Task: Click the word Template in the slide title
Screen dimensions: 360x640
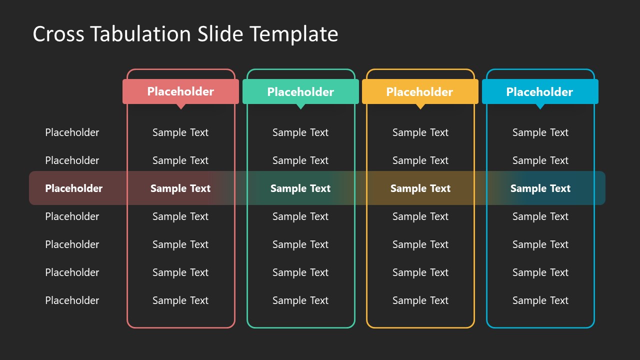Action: tap(294, 34)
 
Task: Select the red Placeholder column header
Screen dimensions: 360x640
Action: tap(180, 91)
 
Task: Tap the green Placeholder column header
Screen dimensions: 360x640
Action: tap(300, 92)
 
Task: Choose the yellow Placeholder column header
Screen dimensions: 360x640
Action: tap(419, 92)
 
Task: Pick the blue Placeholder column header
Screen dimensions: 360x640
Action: tap(539, 92)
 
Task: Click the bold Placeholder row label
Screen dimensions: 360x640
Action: tap(73, 188)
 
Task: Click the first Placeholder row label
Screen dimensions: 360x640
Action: tap(72, 132)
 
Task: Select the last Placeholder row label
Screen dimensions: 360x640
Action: tap(72, 300)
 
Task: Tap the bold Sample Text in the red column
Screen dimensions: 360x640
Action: tap(180, 188)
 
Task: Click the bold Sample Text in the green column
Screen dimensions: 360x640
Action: tap(300, 188)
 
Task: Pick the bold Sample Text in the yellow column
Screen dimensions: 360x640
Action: tap(420, 188)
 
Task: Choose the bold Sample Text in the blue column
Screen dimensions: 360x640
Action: tap(540, 188)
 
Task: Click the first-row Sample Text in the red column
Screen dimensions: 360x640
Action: tap(180, 132)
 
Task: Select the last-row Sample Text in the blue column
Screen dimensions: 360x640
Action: tap(540, 300)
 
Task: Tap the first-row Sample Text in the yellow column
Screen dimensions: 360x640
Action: tap(420, 132)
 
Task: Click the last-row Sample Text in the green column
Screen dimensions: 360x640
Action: tap(300, 300)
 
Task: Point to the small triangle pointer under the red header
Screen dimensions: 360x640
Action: tap(181, 106)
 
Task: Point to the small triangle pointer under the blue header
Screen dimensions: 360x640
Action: tap(540, 106)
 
